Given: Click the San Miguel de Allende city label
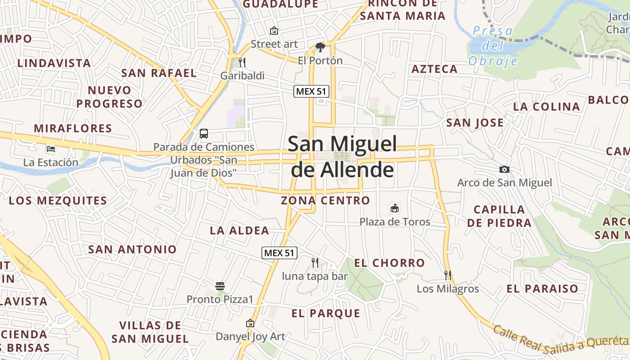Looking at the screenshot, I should (x=342, y=157).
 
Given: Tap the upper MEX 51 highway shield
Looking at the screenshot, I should (x=311, y=91).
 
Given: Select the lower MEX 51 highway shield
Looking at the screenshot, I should (x=279, y=253).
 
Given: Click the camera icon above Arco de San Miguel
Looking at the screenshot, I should (x=504, y=169).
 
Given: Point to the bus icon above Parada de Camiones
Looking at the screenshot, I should (x=204, y=133).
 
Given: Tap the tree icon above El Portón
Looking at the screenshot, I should (x=320, y=47).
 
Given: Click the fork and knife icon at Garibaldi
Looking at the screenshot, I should (x=242, y=62).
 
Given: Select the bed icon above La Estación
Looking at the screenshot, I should (x=50, y=149).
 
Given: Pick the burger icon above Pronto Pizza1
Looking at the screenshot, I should (x=220, y=286).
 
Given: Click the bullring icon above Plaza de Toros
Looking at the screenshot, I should (x=395, y=208).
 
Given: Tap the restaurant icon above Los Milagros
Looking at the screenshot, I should (x=448, y=275).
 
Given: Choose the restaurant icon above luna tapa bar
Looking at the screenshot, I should (x=315, y=262).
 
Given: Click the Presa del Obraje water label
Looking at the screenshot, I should (x=493, y=45).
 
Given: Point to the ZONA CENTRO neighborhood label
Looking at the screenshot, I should (x=325, y=201).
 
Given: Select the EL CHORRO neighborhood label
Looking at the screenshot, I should (x=389, y=263).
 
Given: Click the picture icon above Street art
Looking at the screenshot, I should (x=274, y=31).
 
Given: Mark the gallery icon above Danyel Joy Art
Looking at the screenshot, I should (x=250, y=323).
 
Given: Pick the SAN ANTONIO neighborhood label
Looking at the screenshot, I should (x=132, y=249).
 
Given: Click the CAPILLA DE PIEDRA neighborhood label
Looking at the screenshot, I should (x=499, y=216).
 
